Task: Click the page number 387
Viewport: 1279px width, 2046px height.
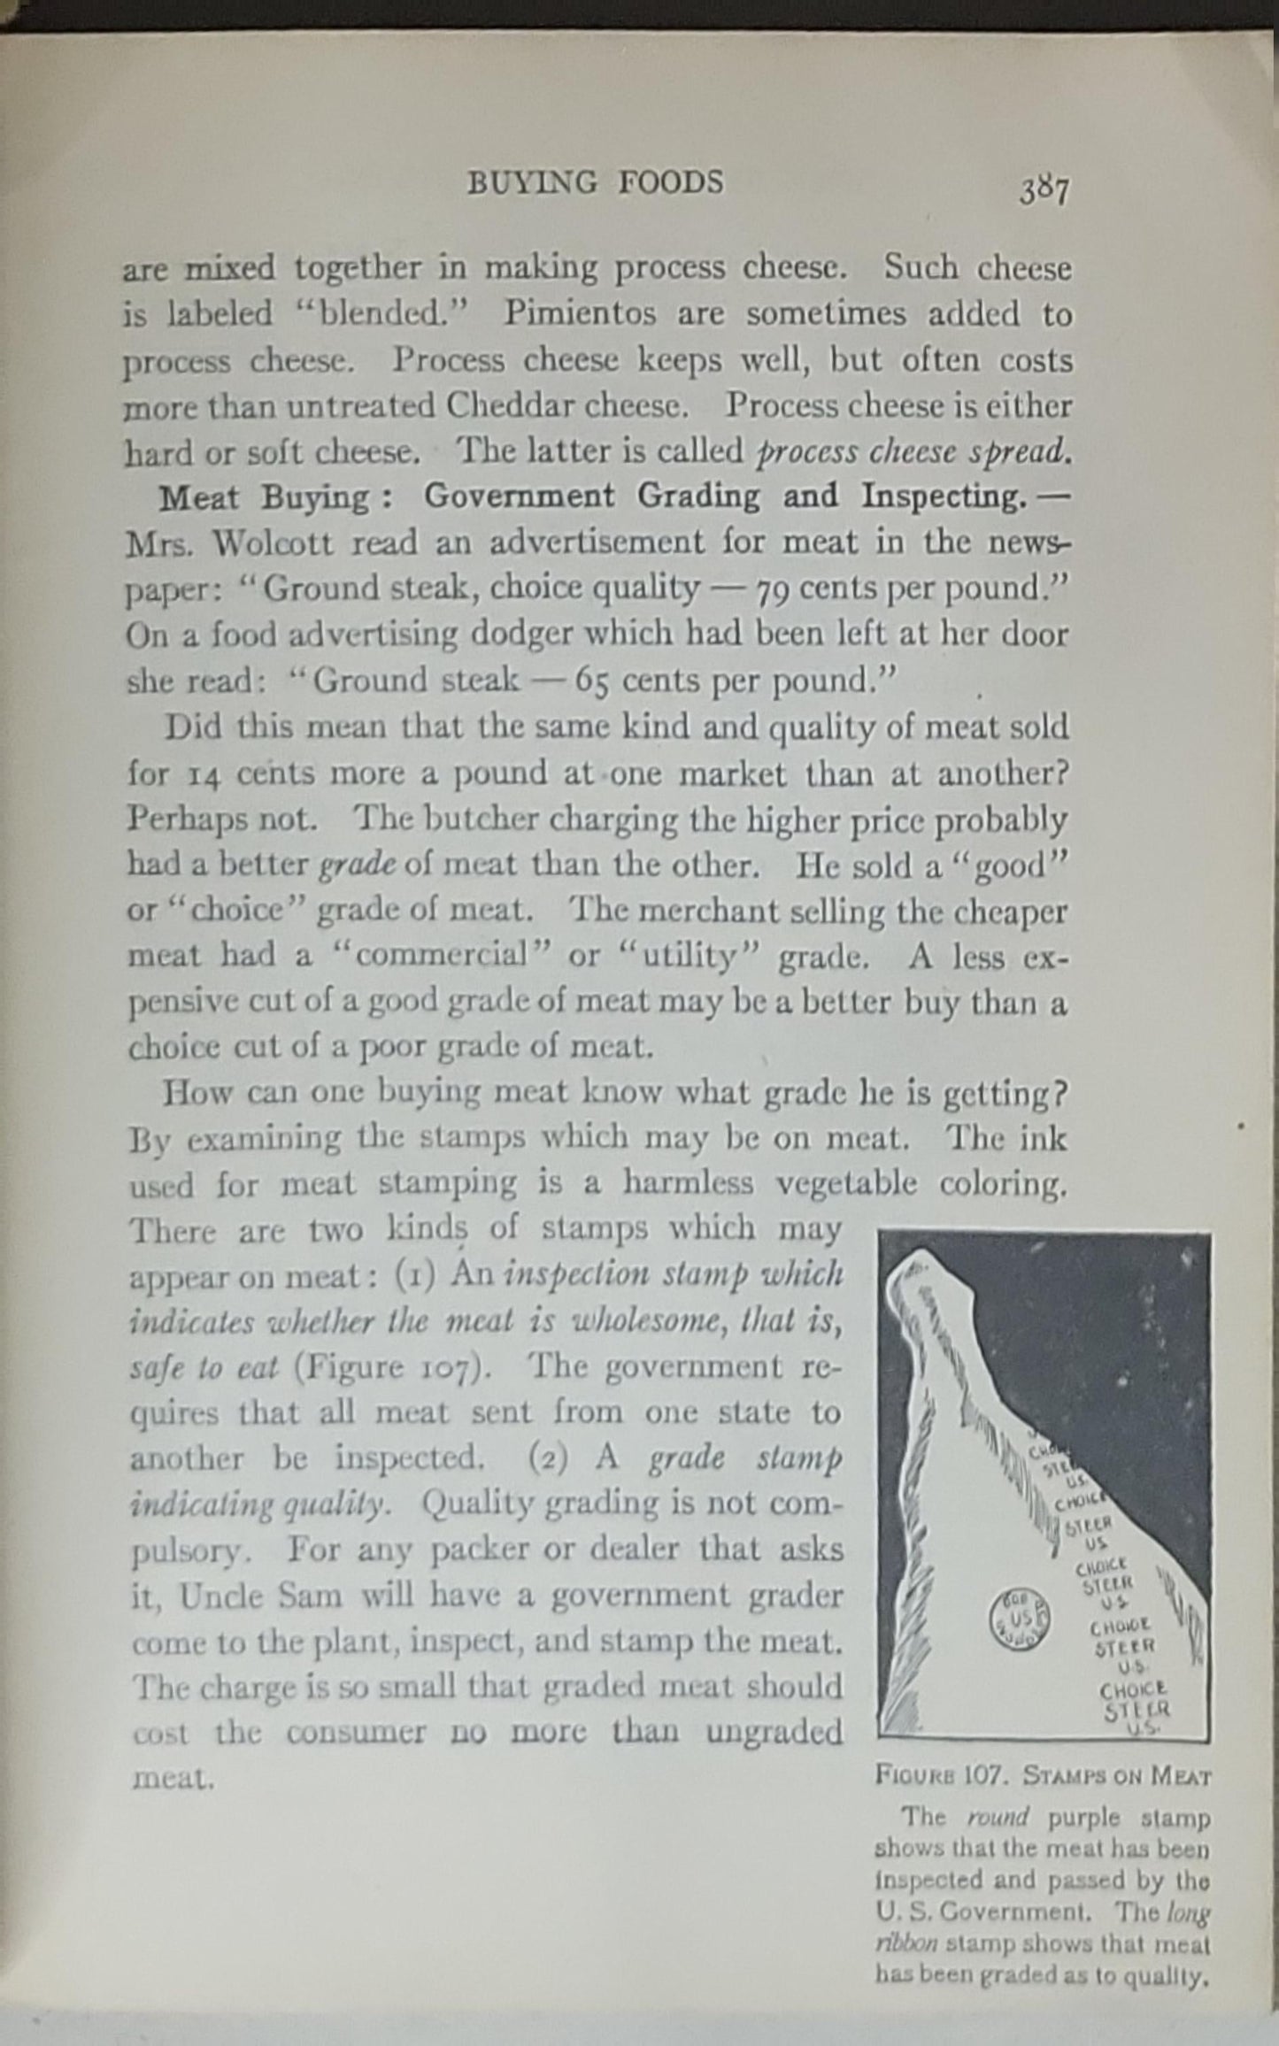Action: coord(1044,189)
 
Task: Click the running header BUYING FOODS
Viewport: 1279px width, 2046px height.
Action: coord(595,182)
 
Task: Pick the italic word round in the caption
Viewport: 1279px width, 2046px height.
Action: coord(998,1819)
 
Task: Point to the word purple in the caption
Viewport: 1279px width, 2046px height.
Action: coord(1083,1819)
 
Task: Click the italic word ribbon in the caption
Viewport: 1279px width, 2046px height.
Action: coord(899,1946)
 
